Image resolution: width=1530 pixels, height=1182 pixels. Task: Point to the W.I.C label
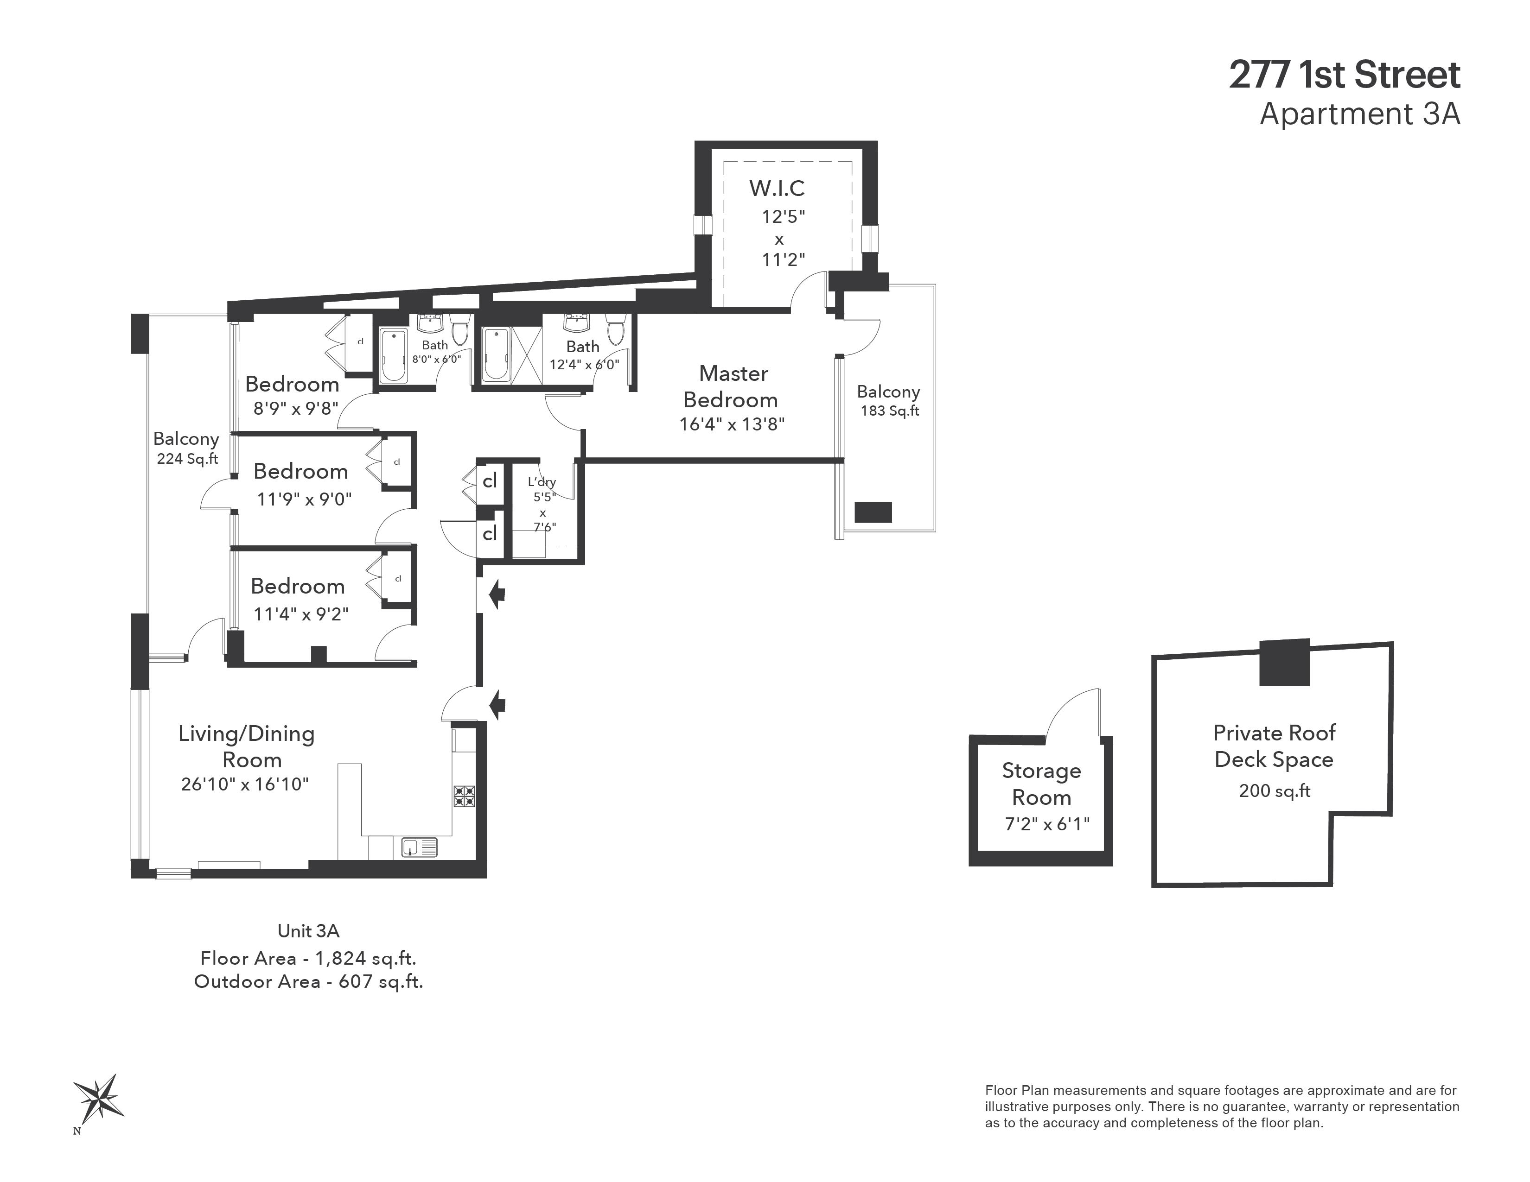coord(776,189)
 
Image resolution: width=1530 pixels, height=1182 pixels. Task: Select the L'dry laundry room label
coord(542,482)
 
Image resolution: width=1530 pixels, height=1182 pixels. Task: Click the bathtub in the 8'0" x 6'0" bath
coord(394,356)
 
